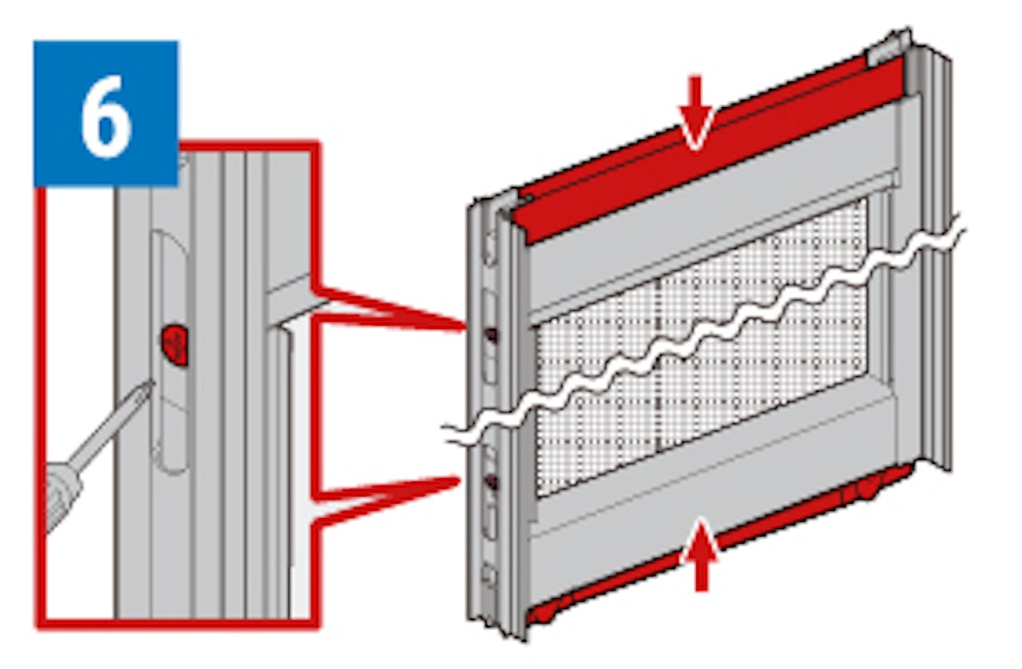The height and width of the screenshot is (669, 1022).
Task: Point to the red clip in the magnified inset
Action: click(x=175, y=346)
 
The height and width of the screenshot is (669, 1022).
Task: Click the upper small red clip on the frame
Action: click(x=492, y=335)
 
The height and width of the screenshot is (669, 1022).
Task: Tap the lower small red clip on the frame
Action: click(x=490, y=481)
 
